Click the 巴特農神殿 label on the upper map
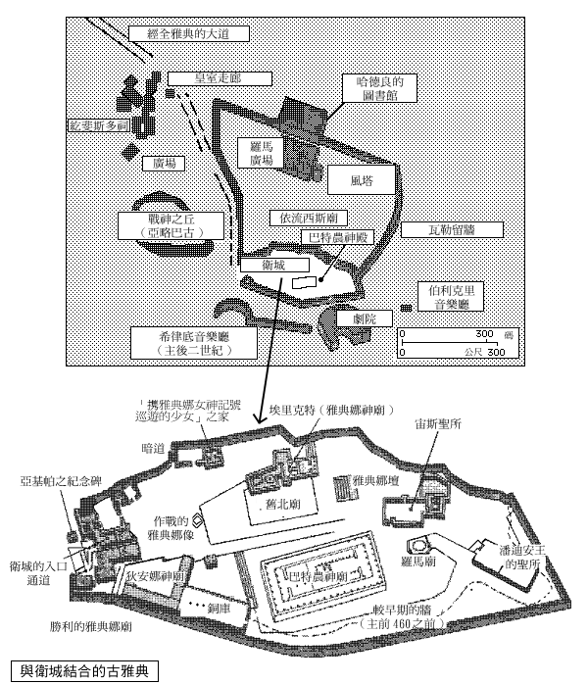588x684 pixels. [338, 235]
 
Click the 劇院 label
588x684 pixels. [350, 318]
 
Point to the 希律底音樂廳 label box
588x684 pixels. [193, 341]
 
